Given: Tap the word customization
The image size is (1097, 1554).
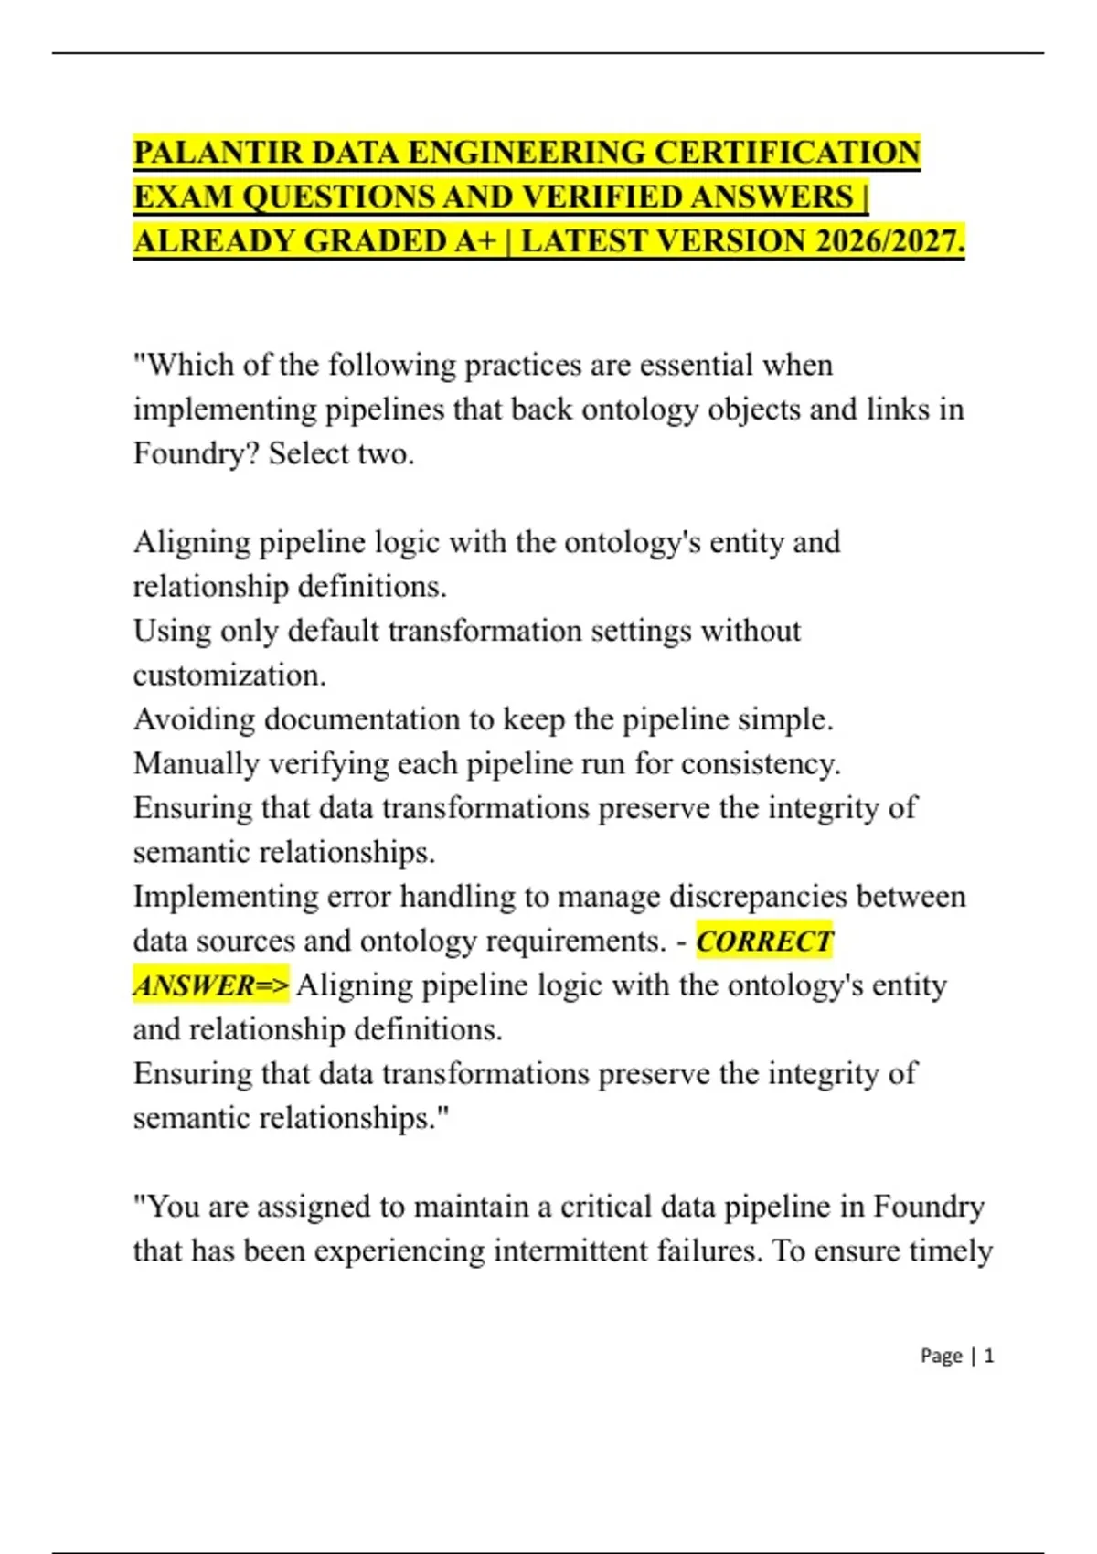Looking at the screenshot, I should tap(229, 676).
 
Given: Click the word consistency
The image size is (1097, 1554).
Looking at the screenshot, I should tap(762, 763).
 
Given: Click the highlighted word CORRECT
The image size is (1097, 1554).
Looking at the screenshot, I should tap(764, 941).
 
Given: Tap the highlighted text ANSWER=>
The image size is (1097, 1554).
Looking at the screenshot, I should tap(211, 985).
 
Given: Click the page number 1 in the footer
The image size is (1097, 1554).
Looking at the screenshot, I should tap(988, 1356).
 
